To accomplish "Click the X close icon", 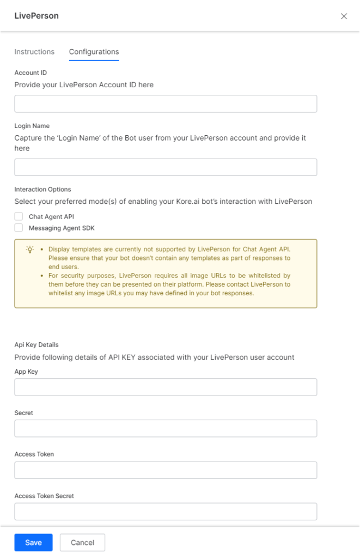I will pyautogui.click(x=344, y=16).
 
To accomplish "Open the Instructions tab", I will pyautogui.click(x=34, y=52).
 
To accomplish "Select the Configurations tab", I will pyautogui.click(x=94, y=52).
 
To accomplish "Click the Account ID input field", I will pyautogui.click(x=166, y=104).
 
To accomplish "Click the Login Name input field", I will pyautogui.click(x=166, y=167).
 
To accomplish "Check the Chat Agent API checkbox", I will pyautogui.click(x=19, y=216).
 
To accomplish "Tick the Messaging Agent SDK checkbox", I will pyautogui.click(x=19, y=227).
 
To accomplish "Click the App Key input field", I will pyautogui.click(x=166, y=387).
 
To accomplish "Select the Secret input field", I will pyautogui.click(x=166, y=428).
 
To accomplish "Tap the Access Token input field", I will pyautogui.click(x=166, y=470).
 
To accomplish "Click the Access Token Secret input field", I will pyautogui.click(x=166, y=511).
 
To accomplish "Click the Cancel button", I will pyautogui.click(x=82, y=542).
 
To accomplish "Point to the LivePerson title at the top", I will pyautogui.click(x=36, y=16).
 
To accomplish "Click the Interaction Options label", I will pyautogui.click(x=42, y=190).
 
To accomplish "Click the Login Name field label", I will pyautogui.click(x=32, y=126).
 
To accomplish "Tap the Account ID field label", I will pyautogui.click(x=30, y=72).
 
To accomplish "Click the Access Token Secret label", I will pyautogui.click(x=44, y=496).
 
